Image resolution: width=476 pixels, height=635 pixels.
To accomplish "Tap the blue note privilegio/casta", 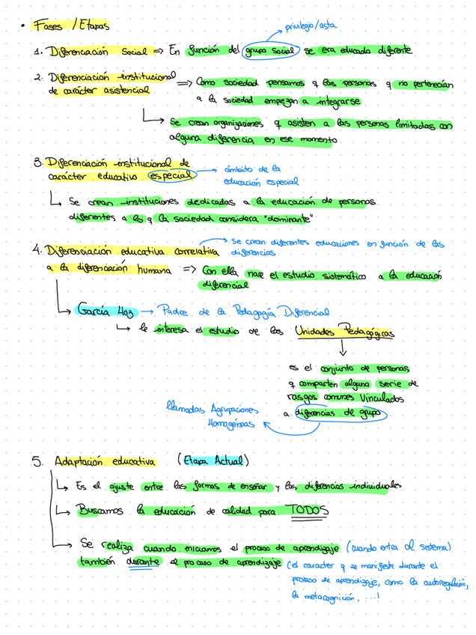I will point(310,26).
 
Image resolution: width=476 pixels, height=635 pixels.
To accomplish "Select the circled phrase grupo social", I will point(270,51).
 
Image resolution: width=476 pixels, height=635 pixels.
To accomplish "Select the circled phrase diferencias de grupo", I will point(340,413).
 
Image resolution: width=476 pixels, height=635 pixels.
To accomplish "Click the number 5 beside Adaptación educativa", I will point(37,461).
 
